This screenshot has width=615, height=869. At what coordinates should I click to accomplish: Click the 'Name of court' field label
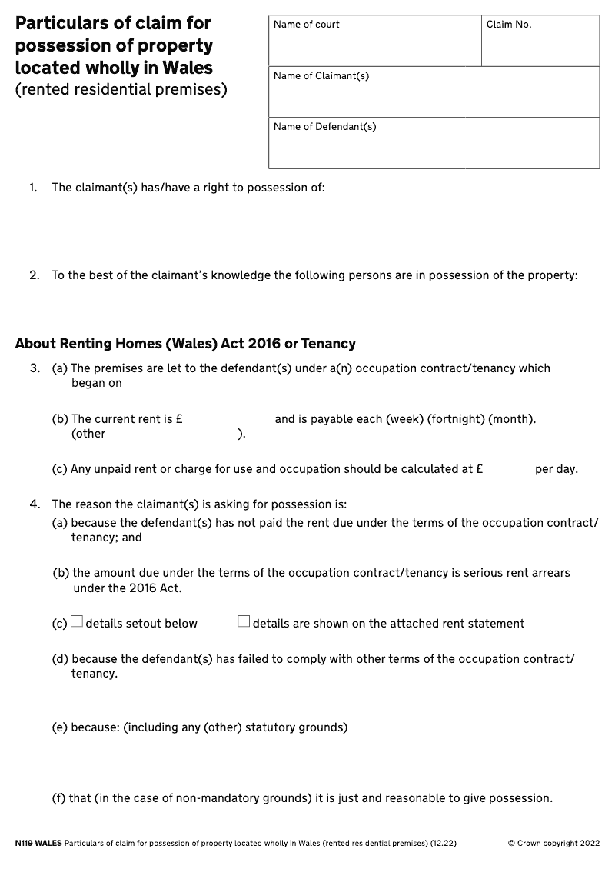tap(306, 25)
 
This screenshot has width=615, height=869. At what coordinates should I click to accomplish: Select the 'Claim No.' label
tap(508, 25)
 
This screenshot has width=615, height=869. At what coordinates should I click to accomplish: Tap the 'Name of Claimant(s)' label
tap(321, 76)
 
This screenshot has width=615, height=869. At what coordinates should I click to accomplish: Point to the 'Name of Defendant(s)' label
tap(324, 127)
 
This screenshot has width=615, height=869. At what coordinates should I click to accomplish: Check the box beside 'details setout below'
tap(77, 622)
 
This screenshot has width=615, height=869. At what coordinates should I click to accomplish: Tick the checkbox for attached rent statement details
tap(244, 622)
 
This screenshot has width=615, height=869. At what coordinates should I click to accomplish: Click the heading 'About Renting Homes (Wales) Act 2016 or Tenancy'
tap(185, 344)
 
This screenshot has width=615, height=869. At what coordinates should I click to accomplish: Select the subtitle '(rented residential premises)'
tap(121, 90)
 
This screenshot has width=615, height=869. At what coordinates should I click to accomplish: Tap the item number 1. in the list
tap(33, 188)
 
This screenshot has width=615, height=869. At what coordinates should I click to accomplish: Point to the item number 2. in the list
tap(34, 275)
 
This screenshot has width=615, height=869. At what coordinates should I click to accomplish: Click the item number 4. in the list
tap(35, 505)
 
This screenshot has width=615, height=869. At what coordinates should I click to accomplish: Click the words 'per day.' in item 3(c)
tap(556, 470)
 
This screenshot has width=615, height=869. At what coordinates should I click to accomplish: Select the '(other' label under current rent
tap(88, 434)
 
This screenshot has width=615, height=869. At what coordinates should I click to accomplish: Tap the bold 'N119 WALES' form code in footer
tap(38, 844)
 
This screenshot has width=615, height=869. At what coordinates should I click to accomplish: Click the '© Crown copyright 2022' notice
tap(553, 844)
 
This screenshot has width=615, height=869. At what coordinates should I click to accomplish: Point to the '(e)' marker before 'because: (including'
tap(60, 727)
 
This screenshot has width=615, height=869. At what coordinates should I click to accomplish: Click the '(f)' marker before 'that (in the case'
tap(58, 798)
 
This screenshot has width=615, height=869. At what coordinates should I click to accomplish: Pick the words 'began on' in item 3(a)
tap(97, 383)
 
